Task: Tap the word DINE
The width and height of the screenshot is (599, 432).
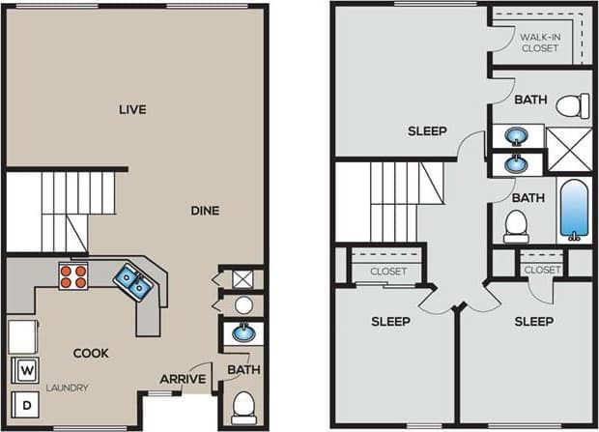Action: coord(204,210)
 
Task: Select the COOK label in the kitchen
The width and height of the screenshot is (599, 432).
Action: coord(91,353)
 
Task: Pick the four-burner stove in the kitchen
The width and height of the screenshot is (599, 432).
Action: coord(73,277)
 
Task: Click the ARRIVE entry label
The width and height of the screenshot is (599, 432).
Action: coord(183,379)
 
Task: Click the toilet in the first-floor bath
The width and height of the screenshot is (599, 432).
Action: coord(242,404)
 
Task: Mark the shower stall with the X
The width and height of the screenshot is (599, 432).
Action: coord(568,149)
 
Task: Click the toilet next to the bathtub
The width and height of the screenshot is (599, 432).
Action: coord(515,226)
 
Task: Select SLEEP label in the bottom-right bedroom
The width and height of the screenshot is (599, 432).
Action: coord(533,321)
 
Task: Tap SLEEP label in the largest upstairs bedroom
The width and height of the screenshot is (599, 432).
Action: coord(427,130)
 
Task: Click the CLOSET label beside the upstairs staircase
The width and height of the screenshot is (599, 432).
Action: coord(387,272)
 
